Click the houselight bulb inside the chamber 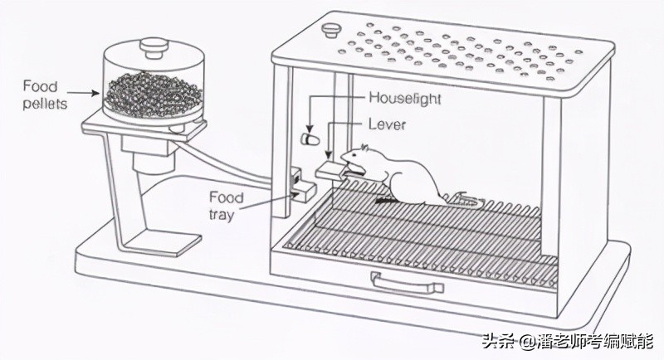click(x=309, y=135)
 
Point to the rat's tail click(x=461, y=199)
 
